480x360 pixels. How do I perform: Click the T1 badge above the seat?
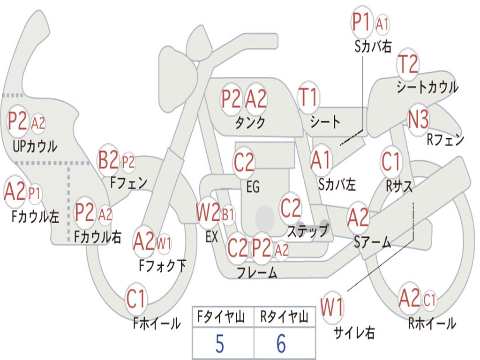tap(308, 98)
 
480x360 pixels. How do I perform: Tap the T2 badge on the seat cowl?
tap(408, 65)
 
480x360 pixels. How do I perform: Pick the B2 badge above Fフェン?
tap(108, 161)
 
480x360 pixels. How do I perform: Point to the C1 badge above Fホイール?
tap(136, 299)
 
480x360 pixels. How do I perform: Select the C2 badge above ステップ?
tap(291, 209)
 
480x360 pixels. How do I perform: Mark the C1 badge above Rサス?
tap(391, 162)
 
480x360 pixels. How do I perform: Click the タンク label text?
tap(250, 123)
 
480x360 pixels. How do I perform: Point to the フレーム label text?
tap(257, 272)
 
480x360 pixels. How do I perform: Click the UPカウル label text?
tap(35, 146)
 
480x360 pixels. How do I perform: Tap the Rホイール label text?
tap(431, 323)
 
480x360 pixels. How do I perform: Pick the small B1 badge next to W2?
tap(228, 215)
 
